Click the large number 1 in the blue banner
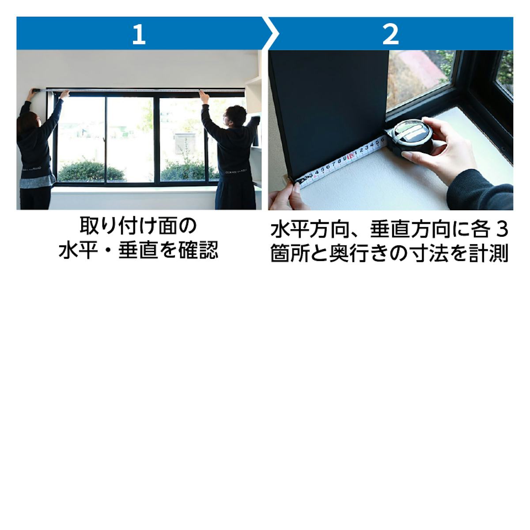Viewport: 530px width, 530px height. pos(139,34)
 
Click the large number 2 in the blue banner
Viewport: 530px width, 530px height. pos(390,34)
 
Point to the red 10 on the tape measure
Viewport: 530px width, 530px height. pos(350,156)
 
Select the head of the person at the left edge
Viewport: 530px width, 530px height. pos(27,121)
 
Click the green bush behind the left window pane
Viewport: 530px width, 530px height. pos(91,171)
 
